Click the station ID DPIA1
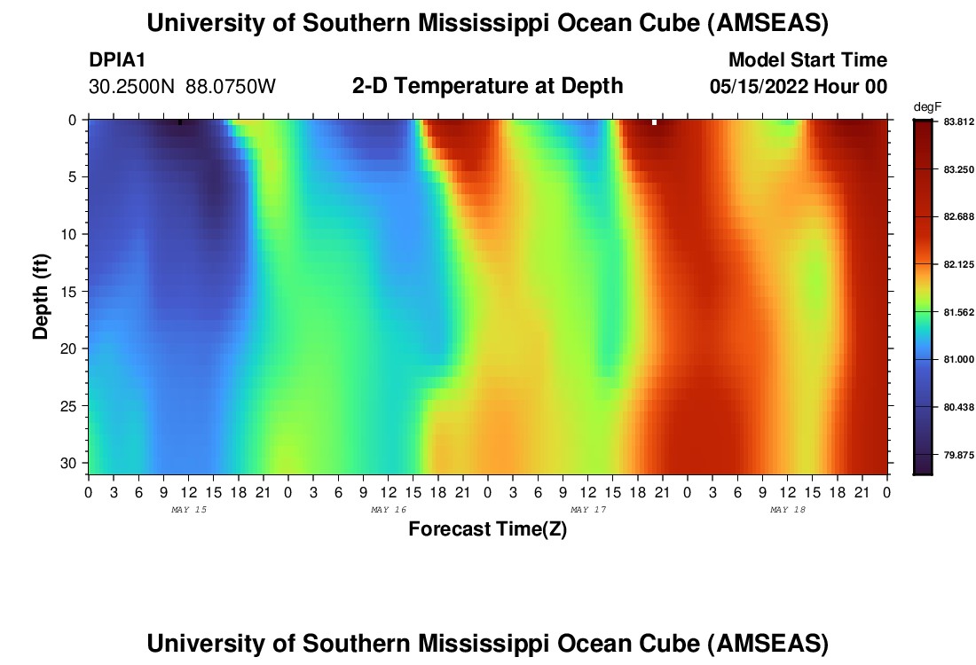[x=117, y=60]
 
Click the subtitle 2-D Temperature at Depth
[x=487, y=86]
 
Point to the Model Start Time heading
[x=807, y=60]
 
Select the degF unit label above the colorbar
[x=925, y=106]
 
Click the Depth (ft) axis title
[x=41, y=296]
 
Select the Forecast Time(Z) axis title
[x=487, y=529]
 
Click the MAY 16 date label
[x=389, y=510]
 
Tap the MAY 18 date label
[x=788, y=510]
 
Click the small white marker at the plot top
[x=654, y=122]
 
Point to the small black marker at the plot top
[x=180, y=122]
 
